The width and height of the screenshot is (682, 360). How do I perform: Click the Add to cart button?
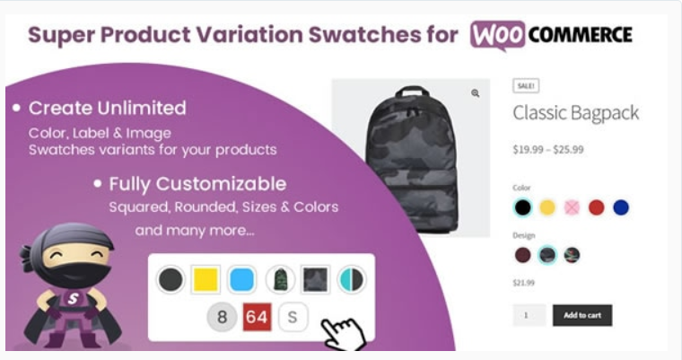point(582,315)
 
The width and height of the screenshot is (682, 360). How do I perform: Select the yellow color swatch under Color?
point(547,207)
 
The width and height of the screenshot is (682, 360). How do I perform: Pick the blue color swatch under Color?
point(621,207)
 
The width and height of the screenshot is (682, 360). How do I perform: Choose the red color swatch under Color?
point(597,207)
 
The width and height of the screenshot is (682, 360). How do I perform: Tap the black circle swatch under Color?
point(522,207)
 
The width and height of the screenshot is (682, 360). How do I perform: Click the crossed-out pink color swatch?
point(572,207)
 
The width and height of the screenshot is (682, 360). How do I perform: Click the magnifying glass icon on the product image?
point(476,93)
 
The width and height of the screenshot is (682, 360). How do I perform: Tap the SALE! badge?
point(526,86)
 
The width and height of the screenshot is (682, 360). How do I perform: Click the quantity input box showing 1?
point(529,315)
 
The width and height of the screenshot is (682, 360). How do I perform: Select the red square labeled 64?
point(257,317)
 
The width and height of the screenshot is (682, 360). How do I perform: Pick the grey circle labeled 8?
point(222,317)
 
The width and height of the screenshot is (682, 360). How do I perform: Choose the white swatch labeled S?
point(293,317)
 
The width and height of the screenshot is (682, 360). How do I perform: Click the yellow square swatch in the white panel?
point(205,279)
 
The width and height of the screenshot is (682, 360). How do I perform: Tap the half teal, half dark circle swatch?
point(352,279)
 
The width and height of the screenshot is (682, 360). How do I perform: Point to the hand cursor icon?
point(345,334)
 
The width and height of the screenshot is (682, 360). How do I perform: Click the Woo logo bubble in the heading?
point(497,35)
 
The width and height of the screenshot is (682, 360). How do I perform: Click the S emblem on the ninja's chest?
point(73,298)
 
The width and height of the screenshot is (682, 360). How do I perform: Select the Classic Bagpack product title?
point(576,113)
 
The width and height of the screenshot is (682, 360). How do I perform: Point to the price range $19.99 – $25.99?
point(548,150)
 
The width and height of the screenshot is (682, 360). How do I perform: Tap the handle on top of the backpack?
point(412,91)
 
